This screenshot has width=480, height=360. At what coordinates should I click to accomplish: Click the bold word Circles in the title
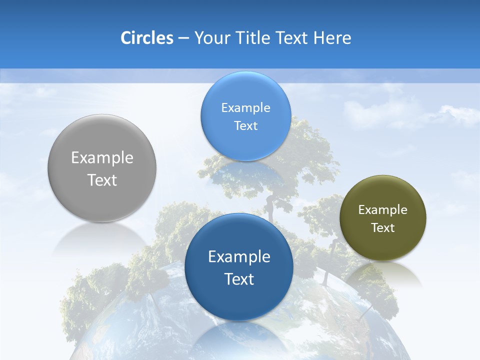tap(146, 38)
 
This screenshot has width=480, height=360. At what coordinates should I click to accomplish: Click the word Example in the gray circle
tap(102, 158)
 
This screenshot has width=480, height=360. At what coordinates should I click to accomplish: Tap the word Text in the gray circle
tap(102, 180)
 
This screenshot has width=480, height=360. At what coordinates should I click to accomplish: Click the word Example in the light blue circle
tap(245, 108)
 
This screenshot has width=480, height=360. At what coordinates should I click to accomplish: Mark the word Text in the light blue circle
tap(245, 126)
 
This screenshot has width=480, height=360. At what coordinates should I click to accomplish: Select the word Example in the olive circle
tap(383, 210)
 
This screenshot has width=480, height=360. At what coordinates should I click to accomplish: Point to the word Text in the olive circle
tap(383, 228)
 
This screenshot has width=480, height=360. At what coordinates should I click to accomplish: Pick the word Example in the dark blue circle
tap(239, 257)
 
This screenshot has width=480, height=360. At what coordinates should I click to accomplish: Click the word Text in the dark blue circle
tap(239, 279)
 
